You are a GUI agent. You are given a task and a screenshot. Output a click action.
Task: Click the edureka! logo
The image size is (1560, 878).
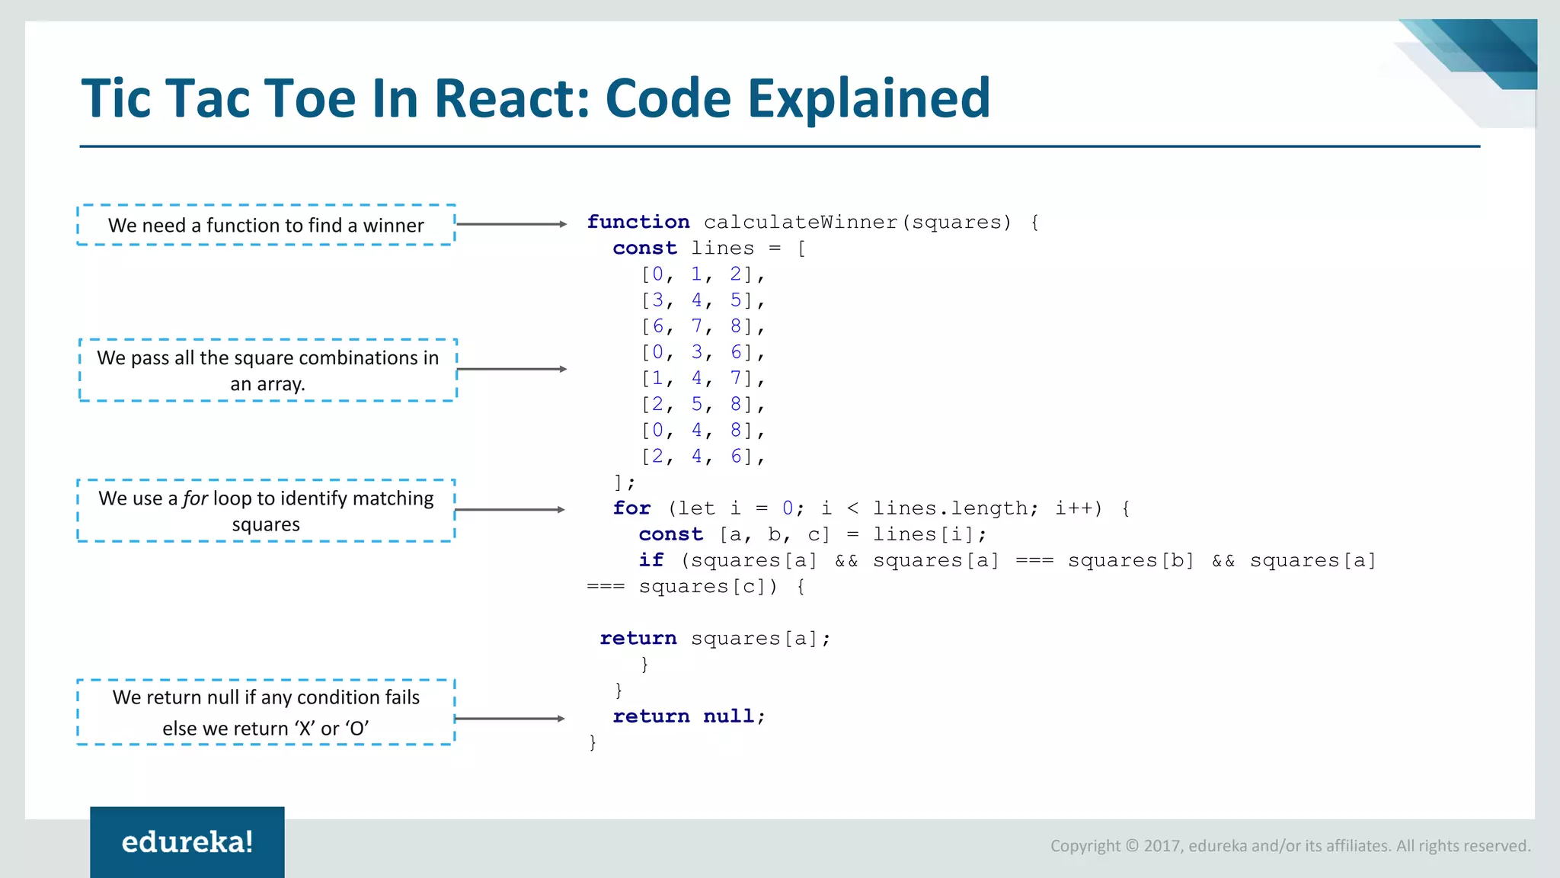coord(187,841)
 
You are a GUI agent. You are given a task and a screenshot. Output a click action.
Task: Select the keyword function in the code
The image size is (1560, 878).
coord(638,222)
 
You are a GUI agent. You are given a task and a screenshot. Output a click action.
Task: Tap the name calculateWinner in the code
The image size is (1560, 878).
coord(801,222)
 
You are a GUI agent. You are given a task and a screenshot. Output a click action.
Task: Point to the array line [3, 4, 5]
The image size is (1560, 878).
coord(702,300)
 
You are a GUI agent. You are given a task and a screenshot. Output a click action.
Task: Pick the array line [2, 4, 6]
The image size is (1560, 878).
coord(702,457)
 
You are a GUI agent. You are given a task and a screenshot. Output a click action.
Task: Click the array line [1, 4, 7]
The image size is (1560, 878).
coord(702,378)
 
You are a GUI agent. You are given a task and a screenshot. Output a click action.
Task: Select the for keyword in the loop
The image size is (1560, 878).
coord(631,508)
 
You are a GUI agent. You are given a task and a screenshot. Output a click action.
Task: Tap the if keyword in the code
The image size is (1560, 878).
coord(651,560)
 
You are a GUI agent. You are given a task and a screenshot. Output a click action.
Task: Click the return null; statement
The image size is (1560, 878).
coord(689,716)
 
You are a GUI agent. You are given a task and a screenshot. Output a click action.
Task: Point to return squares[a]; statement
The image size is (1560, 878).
coord(714,638)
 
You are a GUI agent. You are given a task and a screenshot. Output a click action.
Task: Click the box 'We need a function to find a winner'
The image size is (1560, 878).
coord(266,225)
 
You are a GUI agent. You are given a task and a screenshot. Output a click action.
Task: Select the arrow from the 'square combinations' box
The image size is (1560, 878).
coord(511,369)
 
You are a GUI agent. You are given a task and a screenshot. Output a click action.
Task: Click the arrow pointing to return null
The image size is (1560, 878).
coord(509,718)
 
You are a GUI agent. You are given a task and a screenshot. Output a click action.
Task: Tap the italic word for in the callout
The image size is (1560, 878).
coord(195,498)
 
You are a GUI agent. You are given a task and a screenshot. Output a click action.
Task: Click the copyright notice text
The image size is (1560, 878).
coord(1290,845)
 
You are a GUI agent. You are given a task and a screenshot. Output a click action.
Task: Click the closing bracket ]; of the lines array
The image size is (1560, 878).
coord(624,482)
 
